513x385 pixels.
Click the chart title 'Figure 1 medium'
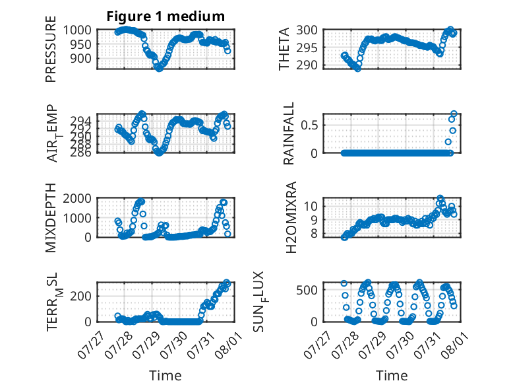tap(166, 17)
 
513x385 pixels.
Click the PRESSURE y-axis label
tap(51, 49)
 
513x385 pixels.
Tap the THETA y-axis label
tap(284, 49)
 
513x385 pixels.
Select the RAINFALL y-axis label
tap(289, 133)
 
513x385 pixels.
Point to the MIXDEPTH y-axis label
tap(51, 218)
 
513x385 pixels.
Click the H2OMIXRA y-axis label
tap(291, 217)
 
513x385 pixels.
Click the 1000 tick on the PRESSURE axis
tap(77, 30)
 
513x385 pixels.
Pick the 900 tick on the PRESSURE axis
tap(81, 59)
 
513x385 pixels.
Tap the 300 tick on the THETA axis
tap(307, 30)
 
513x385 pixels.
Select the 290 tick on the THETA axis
tap(307, 65)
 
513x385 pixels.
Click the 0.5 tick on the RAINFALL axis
tap(309, 125)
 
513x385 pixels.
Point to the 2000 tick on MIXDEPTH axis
tap(77, 198)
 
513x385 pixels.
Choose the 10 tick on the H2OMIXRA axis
tap(311, 206)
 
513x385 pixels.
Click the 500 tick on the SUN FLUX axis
tap(307, 290)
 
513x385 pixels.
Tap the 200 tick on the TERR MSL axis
tap(81, 296)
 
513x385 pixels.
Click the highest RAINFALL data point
tap(454, 114)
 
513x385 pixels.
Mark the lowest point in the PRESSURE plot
tap(159, 69)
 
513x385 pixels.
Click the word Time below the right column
tap(392, 375)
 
